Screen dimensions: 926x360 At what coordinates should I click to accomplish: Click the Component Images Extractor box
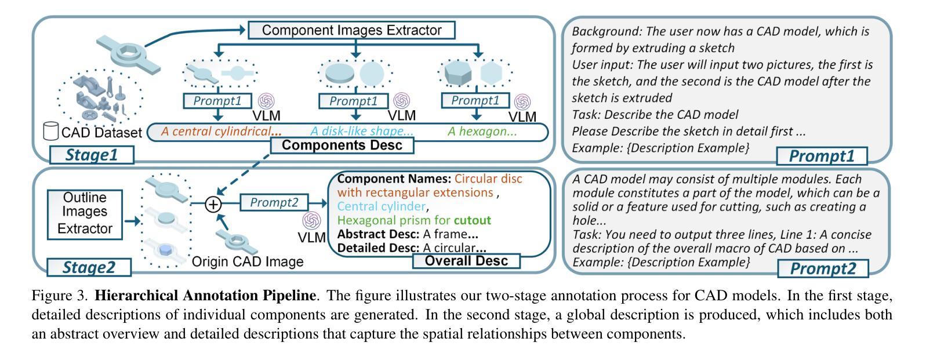(351, 30)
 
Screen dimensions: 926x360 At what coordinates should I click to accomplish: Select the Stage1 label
(92, 155)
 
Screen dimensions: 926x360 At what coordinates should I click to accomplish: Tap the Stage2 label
(89, 267)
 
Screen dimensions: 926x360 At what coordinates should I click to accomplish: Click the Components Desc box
(342, 146)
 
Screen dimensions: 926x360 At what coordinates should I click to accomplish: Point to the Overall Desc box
(466, 261)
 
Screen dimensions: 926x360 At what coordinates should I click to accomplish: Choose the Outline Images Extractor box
(85, 214)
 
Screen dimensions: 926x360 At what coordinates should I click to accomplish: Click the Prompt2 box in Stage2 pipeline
(274, 202)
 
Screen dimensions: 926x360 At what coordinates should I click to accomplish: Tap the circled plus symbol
(213, 204)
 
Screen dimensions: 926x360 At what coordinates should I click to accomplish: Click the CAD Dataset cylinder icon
(50, 130)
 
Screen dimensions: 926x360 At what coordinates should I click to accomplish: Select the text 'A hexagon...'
(482, 132)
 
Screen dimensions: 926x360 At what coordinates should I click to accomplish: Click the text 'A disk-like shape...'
(362, 132)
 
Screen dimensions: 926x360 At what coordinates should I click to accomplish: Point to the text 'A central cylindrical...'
(221, 132)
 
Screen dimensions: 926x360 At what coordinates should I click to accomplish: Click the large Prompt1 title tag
(822, 157)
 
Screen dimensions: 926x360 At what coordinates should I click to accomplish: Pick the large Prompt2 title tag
(823, 268)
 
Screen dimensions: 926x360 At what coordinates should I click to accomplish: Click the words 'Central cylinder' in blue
(381, 206)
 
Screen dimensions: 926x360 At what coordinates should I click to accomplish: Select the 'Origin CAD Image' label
(248, 261)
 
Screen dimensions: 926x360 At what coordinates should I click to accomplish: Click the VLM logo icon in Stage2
(312, 220)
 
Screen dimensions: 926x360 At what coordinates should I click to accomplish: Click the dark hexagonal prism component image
(457, 73)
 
